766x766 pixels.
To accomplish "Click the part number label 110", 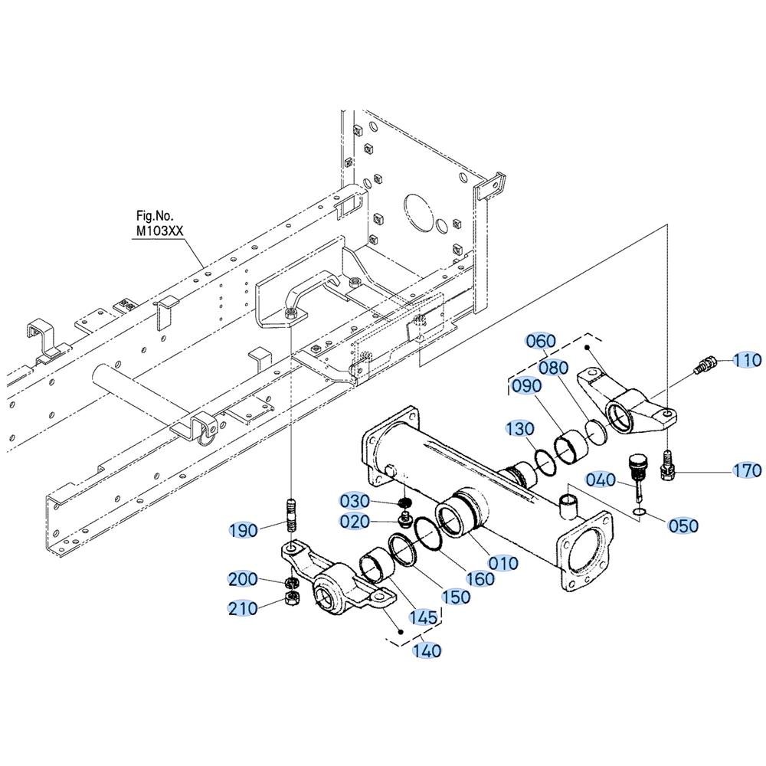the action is (748, 360).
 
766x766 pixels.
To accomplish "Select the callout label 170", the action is (748, 470).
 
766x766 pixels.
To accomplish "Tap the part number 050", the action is (683, 525).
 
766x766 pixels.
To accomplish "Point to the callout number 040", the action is (601, 480).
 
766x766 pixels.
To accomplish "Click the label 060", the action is (542, 341).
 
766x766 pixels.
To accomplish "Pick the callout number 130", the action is (520, 429).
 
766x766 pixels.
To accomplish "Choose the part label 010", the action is (503, 563).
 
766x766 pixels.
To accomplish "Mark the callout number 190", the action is (244, 530).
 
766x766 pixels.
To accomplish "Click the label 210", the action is (243, 608).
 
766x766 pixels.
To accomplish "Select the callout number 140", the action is (427, 650).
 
